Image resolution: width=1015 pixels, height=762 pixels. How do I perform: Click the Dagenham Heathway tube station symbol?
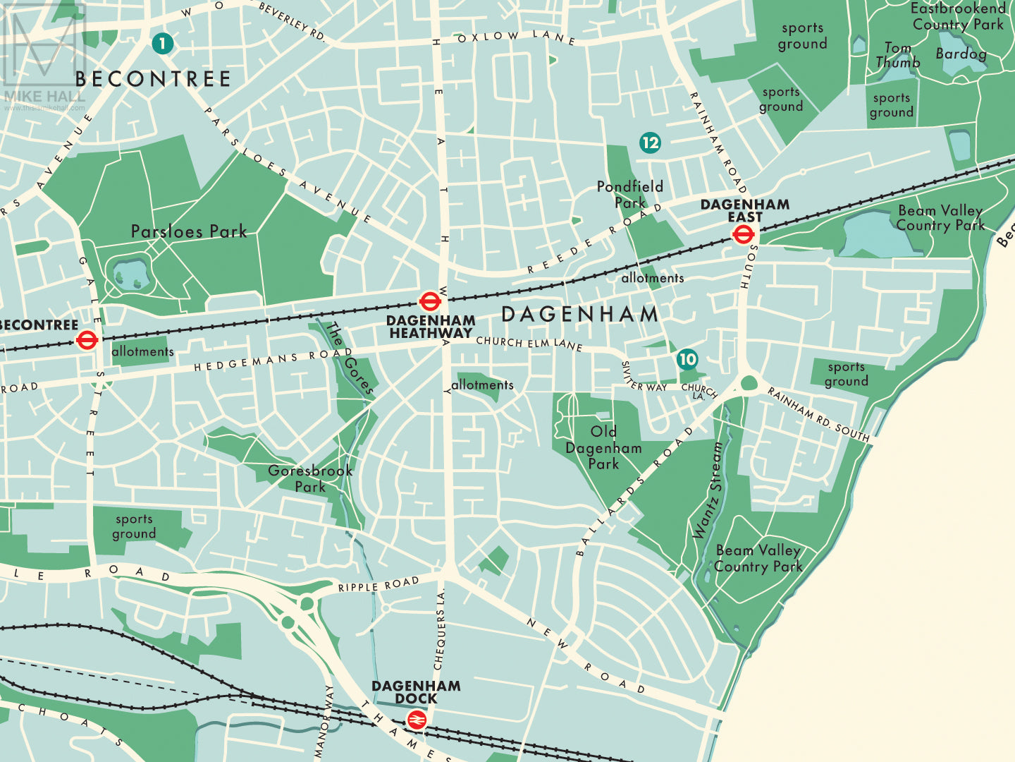(x=430, y=302)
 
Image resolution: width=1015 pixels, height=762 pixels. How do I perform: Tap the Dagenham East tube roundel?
(x=744, y=235)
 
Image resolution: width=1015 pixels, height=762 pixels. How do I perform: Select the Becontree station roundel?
(x=87, y=341)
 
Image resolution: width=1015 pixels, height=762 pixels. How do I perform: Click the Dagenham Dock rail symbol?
(x=417, y=720)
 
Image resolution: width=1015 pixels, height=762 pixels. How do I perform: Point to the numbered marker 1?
(x=162, y=44)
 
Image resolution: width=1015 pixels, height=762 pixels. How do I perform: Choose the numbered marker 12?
(x=650, y=143)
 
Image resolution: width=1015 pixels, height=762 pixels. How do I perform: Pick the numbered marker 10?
(x=687, y=359)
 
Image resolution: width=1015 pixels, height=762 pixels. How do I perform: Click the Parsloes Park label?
(x=189, y=231)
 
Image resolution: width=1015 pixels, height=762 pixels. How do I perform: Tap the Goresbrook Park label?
(x=310, y=478)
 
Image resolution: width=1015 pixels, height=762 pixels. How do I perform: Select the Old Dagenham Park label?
(x=603, y=447)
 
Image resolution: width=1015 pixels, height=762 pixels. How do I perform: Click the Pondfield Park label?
(x=629, y=194)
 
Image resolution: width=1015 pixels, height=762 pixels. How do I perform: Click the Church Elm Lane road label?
(x=529, y=343)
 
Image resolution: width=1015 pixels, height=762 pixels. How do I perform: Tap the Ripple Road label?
(x=379, y=585)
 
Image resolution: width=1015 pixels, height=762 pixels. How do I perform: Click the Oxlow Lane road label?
(x=517, y=37)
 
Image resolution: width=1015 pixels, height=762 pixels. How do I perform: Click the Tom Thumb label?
(x=898, y=55)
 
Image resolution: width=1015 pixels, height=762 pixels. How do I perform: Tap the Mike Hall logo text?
(x=44, y=97)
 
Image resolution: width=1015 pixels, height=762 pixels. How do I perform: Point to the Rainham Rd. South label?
(x=818, y=414)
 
